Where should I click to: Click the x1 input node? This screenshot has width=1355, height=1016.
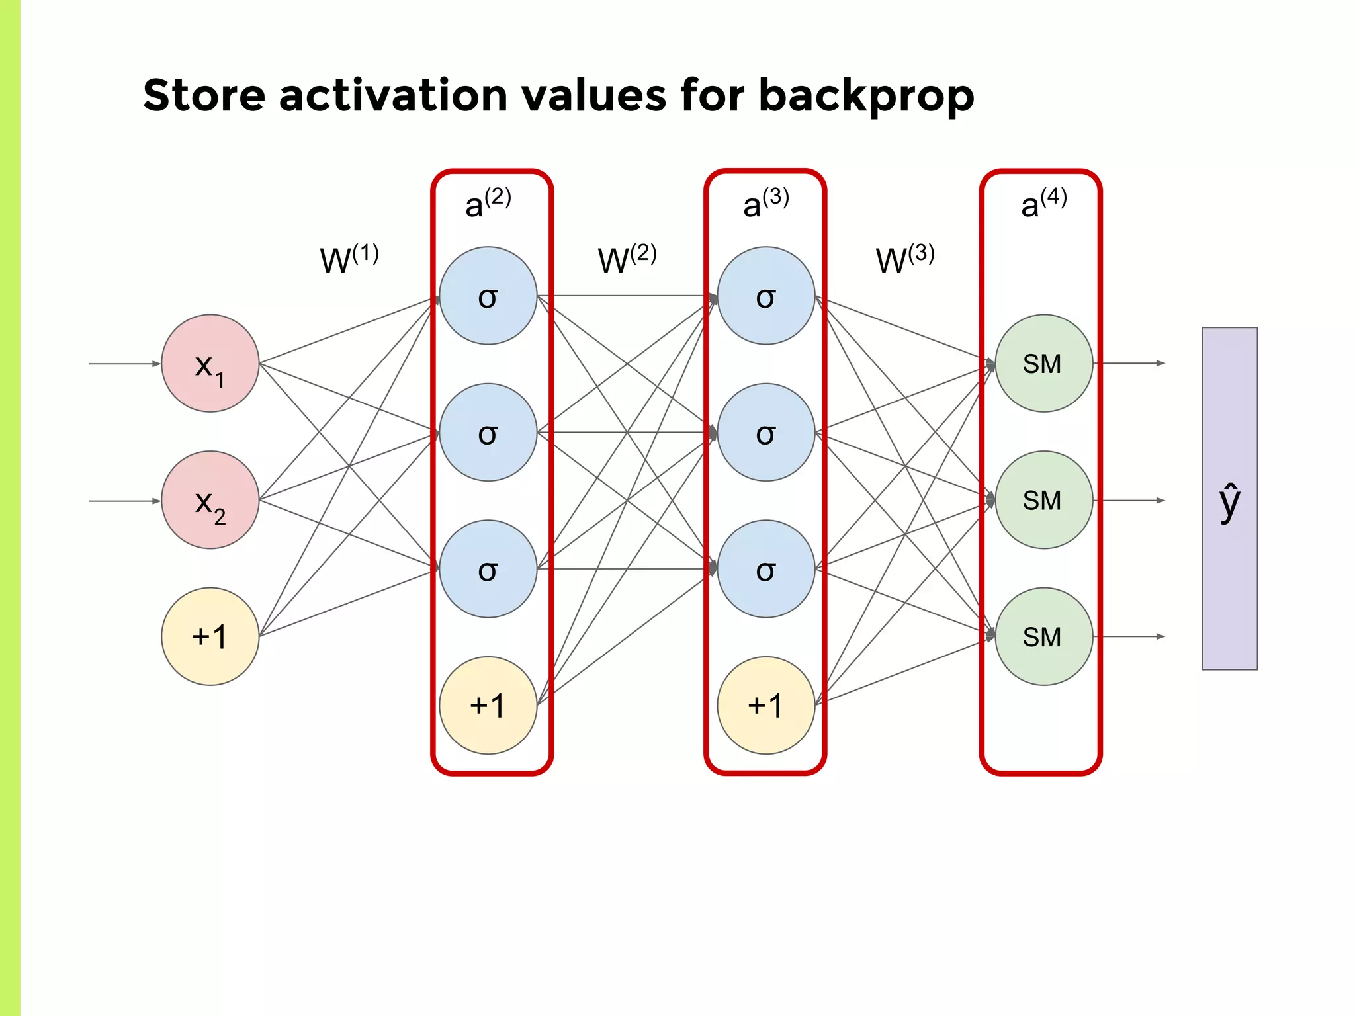point(210,363)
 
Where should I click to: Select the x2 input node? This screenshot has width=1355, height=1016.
point(210,500)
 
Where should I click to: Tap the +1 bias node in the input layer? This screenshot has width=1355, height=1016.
point(210,636)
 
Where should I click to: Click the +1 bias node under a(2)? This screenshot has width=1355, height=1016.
point(488,705)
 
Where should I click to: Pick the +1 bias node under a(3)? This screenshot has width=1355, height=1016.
point(766,705)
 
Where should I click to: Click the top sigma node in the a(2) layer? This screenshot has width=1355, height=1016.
point(488,296)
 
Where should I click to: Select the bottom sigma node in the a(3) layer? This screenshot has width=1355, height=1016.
point(766,569)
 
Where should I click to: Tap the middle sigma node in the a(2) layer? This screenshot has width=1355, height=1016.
point(488,432)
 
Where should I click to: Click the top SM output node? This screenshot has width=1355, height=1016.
point(1043,363)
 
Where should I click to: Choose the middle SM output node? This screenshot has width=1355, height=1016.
point(1043,500)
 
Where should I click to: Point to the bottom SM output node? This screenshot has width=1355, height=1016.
point(1043,636)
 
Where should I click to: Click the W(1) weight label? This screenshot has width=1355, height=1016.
point(349,259)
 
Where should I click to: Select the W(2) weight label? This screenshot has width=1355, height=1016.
point(627,259)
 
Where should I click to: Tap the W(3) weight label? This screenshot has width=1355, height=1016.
point(904,259)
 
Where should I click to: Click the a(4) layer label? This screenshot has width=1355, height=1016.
point(1043,203)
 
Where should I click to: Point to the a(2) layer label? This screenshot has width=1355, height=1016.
point(488,203)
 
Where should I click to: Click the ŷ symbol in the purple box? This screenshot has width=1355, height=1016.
point(1229,503)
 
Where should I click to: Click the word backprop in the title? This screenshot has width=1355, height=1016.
point(866,97)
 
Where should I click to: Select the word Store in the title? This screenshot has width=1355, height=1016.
point(204,95)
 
